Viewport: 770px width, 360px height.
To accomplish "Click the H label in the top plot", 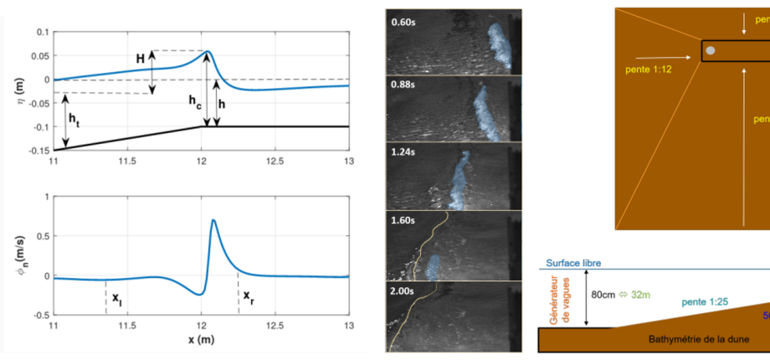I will click(141, 59).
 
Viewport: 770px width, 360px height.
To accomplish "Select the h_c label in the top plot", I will click(194, 101).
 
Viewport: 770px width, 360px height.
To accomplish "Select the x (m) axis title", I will click(201, 340).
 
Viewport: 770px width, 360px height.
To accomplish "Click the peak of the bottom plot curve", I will click(213, 220).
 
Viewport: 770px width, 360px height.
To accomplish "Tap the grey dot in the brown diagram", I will click(711, 51).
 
